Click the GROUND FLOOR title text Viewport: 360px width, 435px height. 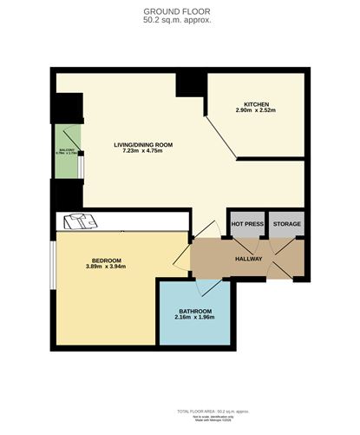[180, 10]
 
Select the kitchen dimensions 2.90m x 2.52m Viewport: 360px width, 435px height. [255, 111]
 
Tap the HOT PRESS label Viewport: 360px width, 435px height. [246, 224]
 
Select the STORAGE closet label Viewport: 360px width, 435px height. [286, 224]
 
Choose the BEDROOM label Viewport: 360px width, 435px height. [106, 260]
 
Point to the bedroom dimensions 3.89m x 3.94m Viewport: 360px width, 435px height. [106, 267]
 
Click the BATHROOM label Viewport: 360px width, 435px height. [195, 311]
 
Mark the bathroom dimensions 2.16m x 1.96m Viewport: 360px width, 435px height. [195, 318]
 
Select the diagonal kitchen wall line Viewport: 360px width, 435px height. [221, 138]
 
